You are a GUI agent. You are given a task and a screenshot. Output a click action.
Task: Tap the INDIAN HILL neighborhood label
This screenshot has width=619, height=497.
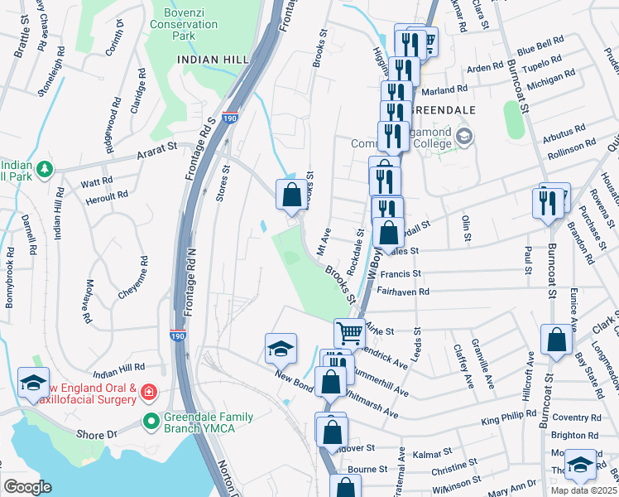tap(207, 59)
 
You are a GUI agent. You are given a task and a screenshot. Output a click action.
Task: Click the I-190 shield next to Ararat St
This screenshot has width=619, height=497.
tap(231, 118)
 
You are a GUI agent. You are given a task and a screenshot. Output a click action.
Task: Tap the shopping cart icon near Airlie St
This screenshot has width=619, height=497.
tap(350, 333)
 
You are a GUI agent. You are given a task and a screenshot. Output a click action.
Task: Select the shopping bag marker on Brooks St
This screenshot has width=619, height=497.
tap(291, 195)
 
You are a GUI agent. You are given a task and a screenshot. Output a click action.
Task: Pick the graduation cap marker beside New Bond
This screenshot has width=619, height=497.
tap(281, 348)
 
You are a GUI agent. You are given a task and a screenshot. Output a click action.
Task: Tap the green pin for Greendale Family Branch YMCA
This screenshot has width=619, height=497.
tap(150, 421)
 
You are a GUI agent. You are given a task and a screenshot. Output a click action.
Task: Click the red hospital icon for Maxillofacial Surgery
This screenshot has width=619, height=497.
tap(148, 391)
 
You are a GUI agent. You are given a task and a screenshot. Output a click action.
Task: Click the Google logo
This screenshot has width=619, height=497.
tap(27, 486)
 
